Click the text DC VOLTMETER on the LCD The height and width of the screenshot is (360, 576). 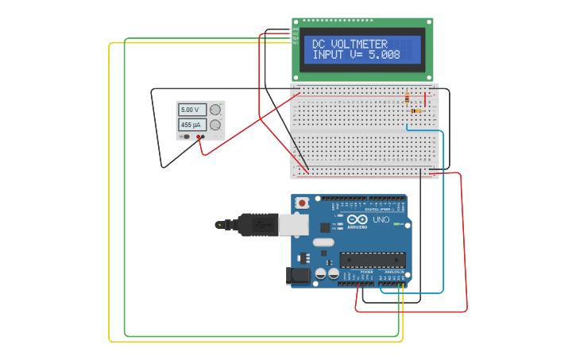click(x=350, y=45)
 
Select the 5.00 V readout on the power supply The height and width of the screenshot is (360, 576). click(x=191, y=110)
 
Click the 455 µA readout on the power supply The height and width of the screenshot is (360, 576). click(x=191, y=125)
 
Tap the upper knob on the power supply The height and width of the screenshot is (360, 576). click(x=215, y=110)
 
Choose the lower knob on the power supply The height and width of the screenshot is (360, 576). click(x=215, y=125)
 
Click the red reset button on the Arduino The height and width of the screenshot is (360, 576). click(x=302, y=203)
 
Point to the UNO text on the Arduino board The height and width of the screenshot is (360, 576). click(x=381, y=219)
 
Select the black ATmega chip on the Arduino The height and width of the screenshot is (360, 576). click(x=373, y=260)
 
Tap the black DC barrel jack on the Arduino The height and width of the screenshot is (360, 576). click(x=296, y=276)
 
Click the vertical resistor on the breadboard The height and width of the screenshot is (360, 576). click(x=408, y=98)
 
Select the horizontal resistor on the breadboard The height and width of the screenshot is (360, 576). click(x=415, y=110)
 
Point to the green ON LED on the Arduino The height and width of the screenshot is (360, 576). click(x=396, y=224)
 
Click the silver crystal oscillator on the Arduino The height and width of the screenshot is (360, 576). click(x=323, y=242)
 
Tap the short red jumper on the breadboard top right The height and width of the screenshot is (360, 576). click(x=425, y=99)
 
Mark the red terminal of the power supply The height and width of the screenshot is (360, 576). click(x=201, y=137)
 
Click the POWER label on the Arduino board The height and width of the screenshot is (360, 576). click(x=366, y=271)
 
